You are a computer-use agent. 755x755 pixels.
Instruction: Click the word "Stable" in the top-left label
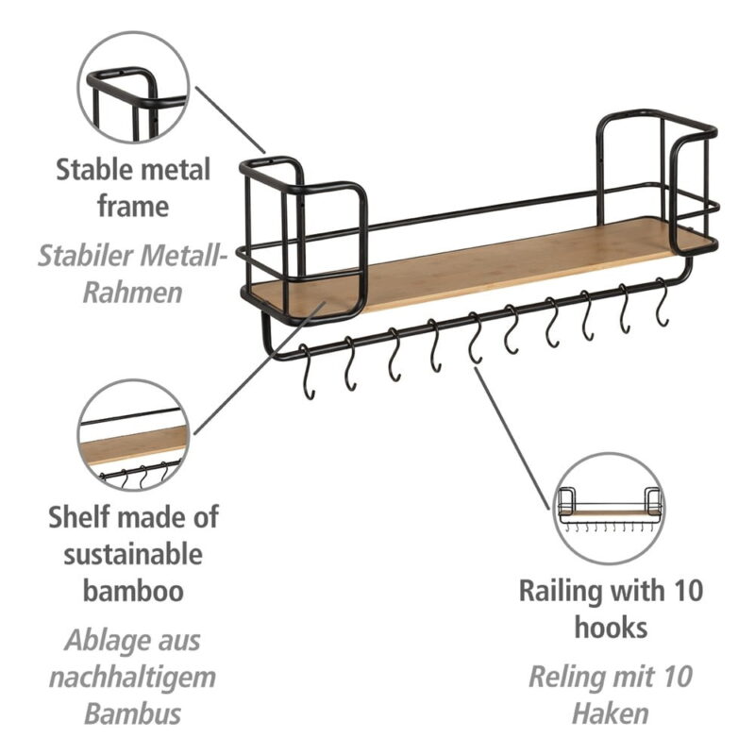click(92, 171)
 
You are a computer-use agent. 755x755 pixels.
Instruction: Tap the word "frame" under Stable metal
click(132, 206)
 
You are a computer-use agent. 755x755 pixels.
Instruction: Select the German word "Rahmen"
click(132, 291)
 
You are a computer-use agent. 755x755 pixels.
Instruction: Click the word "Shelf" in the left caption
click(78, 517)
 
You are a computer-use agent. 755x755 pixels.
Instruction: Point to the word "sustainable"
click(132, 553)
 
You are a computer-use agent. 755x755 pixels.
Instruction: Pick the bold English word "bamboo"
click(132, 591)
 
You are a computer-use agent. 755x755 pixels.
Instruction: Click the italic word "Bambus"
click(132, 713)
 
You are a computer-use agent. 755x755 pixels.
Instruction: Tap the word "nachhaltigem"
click(132, 676)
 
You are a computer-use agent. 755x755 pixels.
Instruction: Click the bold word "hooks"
click(611, 628)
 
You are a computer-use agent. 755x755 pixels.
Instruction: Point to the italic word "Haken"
click(611, 713)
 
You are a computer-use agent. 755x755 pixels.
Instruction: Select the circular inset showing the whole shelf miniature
click(610, 510)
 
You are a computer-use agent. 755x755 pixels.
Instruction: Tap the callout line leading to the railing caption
click(514, 434)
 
